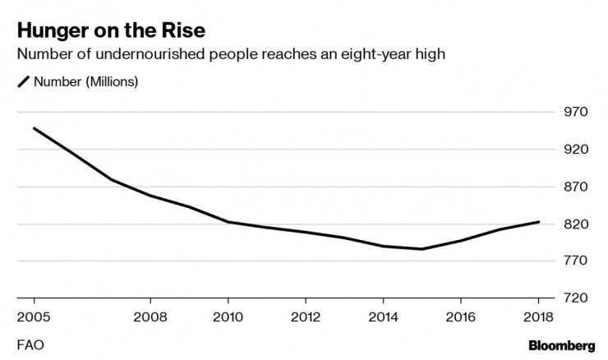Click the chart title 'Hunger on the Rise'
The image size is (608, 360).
[111, 31]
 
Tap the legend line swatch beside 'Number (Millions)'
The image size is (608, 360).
[23, 81]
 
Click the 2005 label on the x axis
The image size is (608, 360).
[34, 316]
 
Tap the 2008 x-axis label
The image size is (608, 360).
[150, 316]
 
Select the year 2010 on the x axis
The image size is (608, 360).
[228, 316]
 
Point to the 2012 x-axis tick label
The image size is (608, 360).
[305, 316]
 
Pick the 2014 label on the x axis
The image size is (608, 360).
[383, 316]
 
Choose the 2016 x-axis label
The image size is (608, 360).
[461, 316]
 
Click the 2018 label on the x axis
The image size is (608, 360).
[538, 316]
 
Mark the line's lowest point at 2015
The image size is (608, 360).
[422, 249]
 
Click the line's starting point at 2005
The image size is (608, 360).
[34, 128]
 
